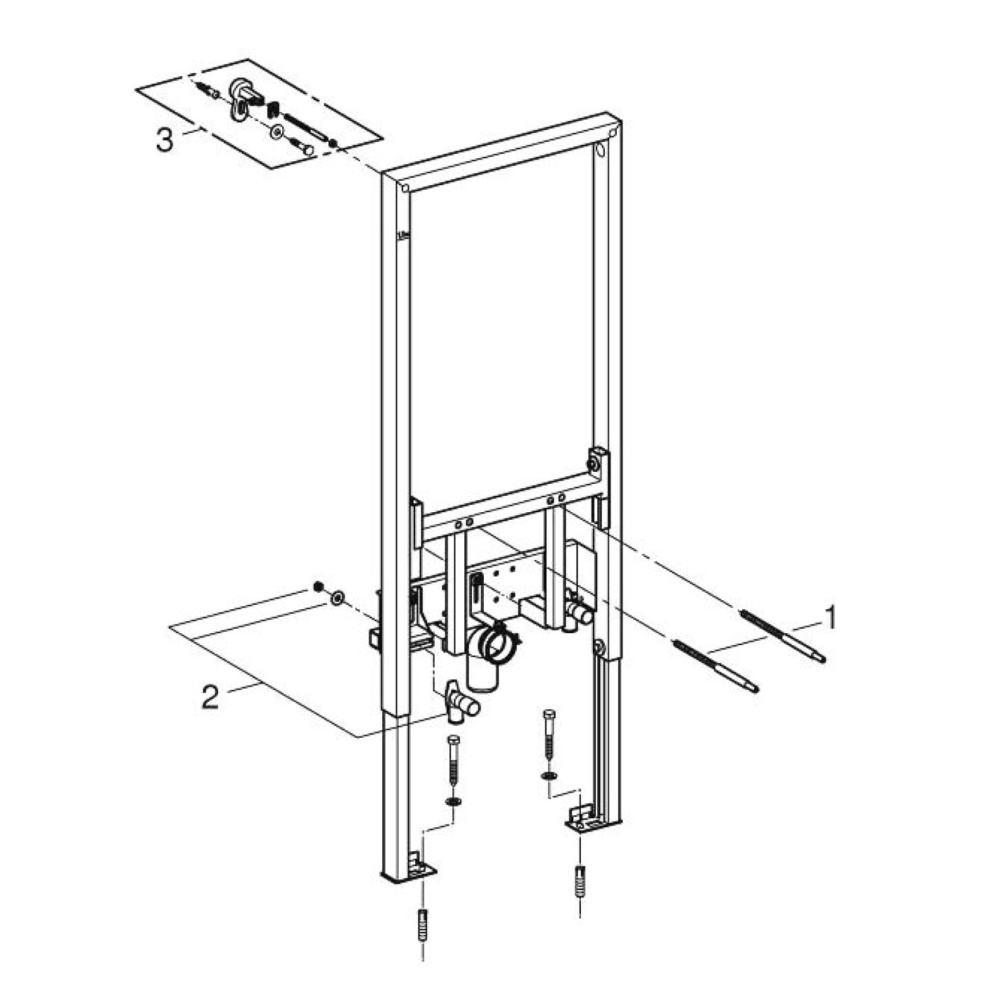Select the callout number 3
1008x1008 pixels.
(x=164, y=140)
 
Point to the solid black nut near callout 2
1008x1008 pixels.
(x=319, y=587)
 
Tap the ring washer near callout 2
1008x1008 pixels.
(x=338, y=595)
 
